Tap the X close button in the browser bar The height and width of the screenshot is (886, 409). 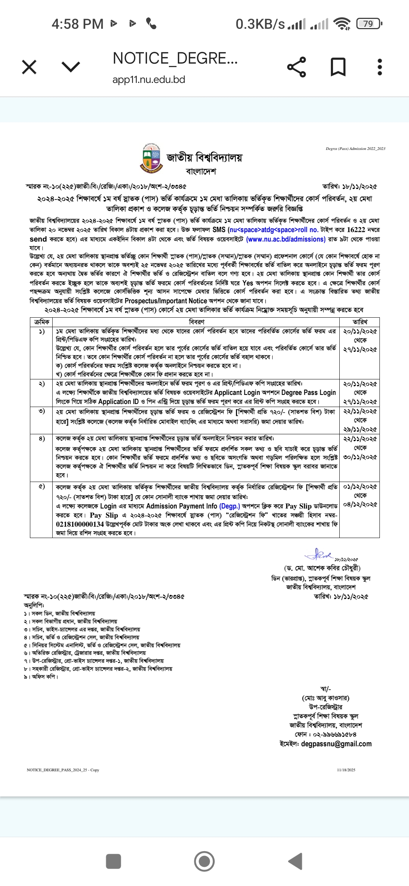(29, 67)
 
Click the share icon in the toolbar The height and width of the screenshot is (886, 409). (297, 67)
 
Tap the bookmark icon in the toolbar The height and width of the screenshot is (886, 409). (338, 67)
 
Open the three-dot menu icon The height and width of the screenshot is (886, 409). (380, 67)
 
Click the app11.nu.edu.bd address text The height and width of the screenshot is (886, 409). (148, 80)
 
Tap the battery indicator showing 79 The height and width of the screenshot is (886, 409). (369, 24)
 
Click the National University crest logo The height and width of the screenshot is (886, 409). (151, 157)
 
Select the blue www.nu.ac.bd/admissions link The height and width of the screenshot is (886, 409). (286, 239)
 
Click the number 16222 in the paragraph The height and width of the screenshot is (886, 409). (356, 230)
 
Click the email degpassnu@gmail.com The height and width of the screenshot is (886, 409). (336, 744)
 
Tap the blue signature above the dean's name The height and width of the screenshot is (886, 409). (319, 555)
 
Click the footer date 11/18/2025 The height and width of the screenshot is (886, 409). (346, 770)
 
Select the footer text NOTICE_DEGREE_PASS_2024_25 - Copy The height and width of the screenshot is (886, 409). (63, 770)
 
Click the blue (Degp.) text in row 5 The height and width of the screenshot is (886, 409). (229, 506)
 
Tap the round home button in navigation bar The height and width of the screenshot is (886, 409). (204, 861)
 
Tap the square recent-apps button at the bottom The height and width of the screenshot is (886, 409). (114, 861)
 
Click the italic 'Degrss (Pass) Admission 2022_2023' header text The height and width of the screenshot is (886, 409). (355, 149)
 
